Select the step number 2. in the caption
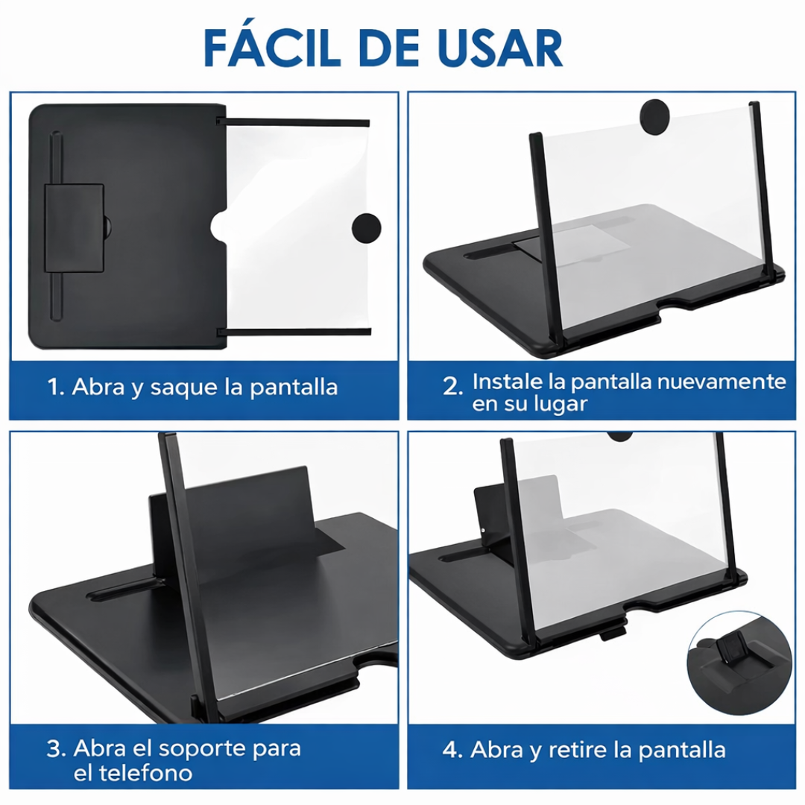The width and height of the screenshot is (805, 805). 452,386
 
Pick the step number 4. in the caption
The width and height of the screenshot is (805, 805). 452,750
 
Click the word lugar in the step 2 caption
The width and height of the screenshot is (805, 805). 561,405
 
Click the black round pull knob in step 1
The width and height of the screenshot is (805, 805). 366,227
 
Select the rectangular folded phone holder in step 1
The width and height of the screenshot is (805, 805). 74,227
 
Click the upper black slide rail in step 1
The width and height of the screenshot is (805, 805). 297,122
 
